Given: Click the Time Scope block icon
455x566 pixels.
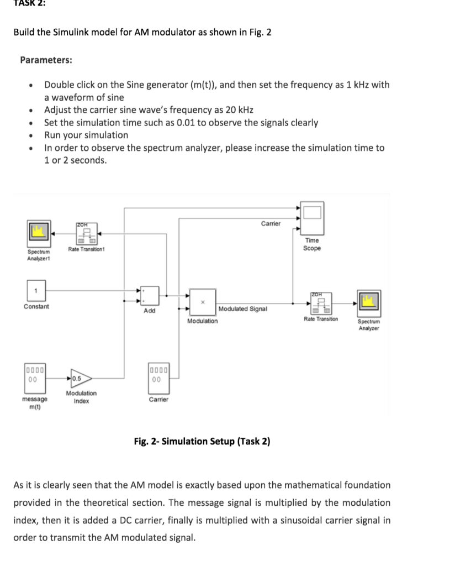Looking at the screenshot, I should (312, 218).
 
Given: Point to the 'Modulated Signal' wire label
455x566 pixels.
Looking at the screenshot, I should (243, 308).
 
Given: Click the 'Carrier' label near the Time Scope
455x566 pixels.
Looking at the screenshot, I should (271, 223).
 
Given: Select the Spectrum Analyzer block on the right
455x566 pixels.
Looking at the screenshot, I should (368, 302).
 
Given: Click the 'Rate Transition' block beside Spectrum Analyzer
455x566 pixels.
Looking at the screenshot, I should (321, 302).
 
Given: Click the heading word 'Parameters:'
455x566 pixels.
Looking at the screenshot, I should (46, 60).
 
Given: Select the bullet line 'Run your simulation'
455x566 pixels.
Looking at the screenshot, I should (86, 135).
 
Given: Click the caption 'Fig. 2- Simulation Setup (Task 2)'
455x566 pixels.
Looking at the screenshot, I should (202, 441).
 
